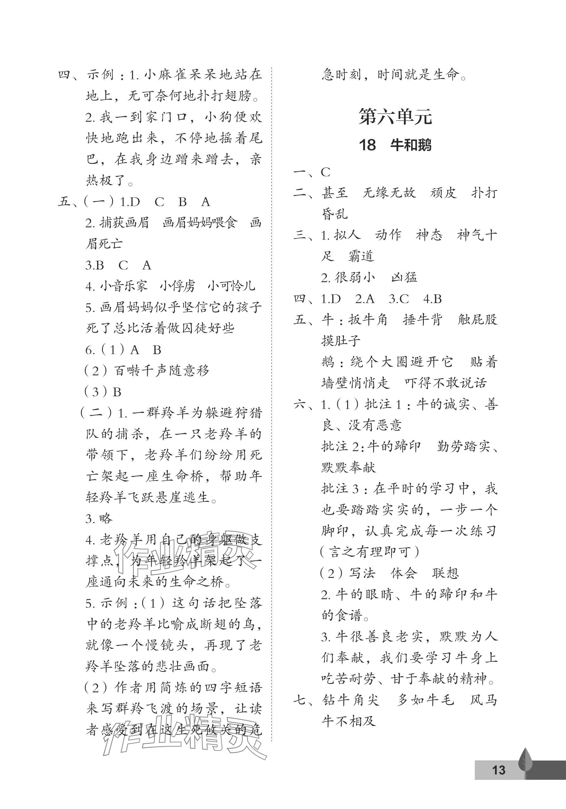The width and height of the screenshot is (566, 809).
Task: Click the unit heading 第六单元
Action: (x=395, y=117)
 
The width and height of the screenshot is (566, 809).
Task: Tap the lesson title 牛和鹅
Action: (x=411, y=145)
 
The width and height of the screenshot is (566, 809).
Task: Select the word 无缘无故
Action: (x=389, y=193)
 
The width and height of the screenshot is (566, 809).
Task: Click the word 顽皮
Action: (x=443, y=193)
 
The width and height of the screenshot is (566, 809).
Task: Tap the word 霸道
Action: (x=361, y=256)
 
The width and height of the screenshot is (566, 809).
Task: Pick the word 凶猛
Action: (x=404, y=278)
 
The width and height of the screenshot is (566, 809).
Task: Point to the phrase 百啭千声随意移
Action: (x=161, y=371)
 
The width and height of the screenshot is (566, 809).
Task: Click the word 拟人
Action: (x=347, y=235)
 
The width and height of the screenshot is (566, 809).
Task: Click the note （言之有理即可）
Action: (x=369, y=552)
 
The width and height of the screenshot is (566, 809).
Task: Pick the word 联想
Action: (x=445, y=573)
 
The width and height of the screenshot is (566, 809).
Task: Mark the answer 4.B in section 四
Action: (x=433, y=299)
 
